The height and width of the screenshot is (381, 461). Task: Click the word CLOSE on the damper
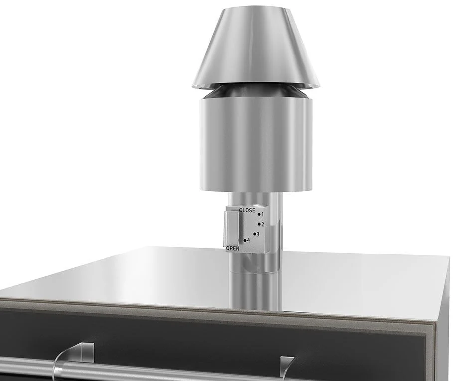click(247, 210)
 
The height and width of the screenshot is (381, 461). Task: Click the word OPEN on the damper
click(233, 248)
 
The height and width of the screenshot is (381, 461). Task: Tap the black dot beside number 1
click(259, 214)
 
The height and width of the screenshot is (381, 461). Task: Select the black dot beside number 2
click(259, 224)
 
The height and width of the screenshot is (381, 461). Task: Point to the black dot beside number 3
click(255, 234)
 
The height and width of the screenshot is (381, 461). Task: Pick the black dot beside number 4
click(245, 240)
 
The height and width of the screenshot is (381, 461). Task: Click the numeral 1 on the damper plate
click(263, 215)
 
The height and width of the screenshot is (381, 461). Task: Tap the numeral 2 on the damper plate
click(263, 224)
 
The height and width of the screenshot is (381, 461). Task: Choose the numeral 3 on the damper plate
click(258, 234)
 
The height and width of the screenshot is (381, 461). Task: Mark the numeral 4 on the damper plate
click(248, 240)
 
